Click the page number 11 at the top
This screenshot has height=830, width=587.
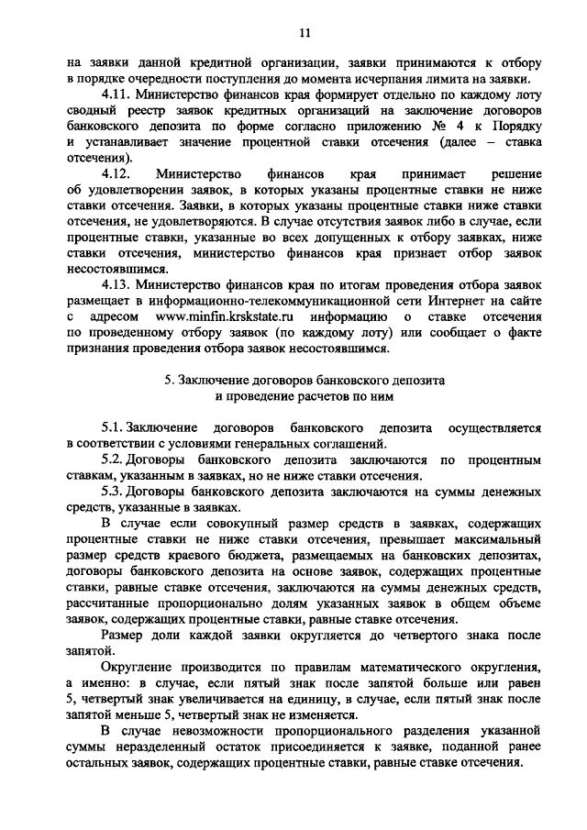click(x=305, y=34)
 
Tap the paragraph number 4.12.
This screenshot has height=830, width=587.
click(x=117, y=172)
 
